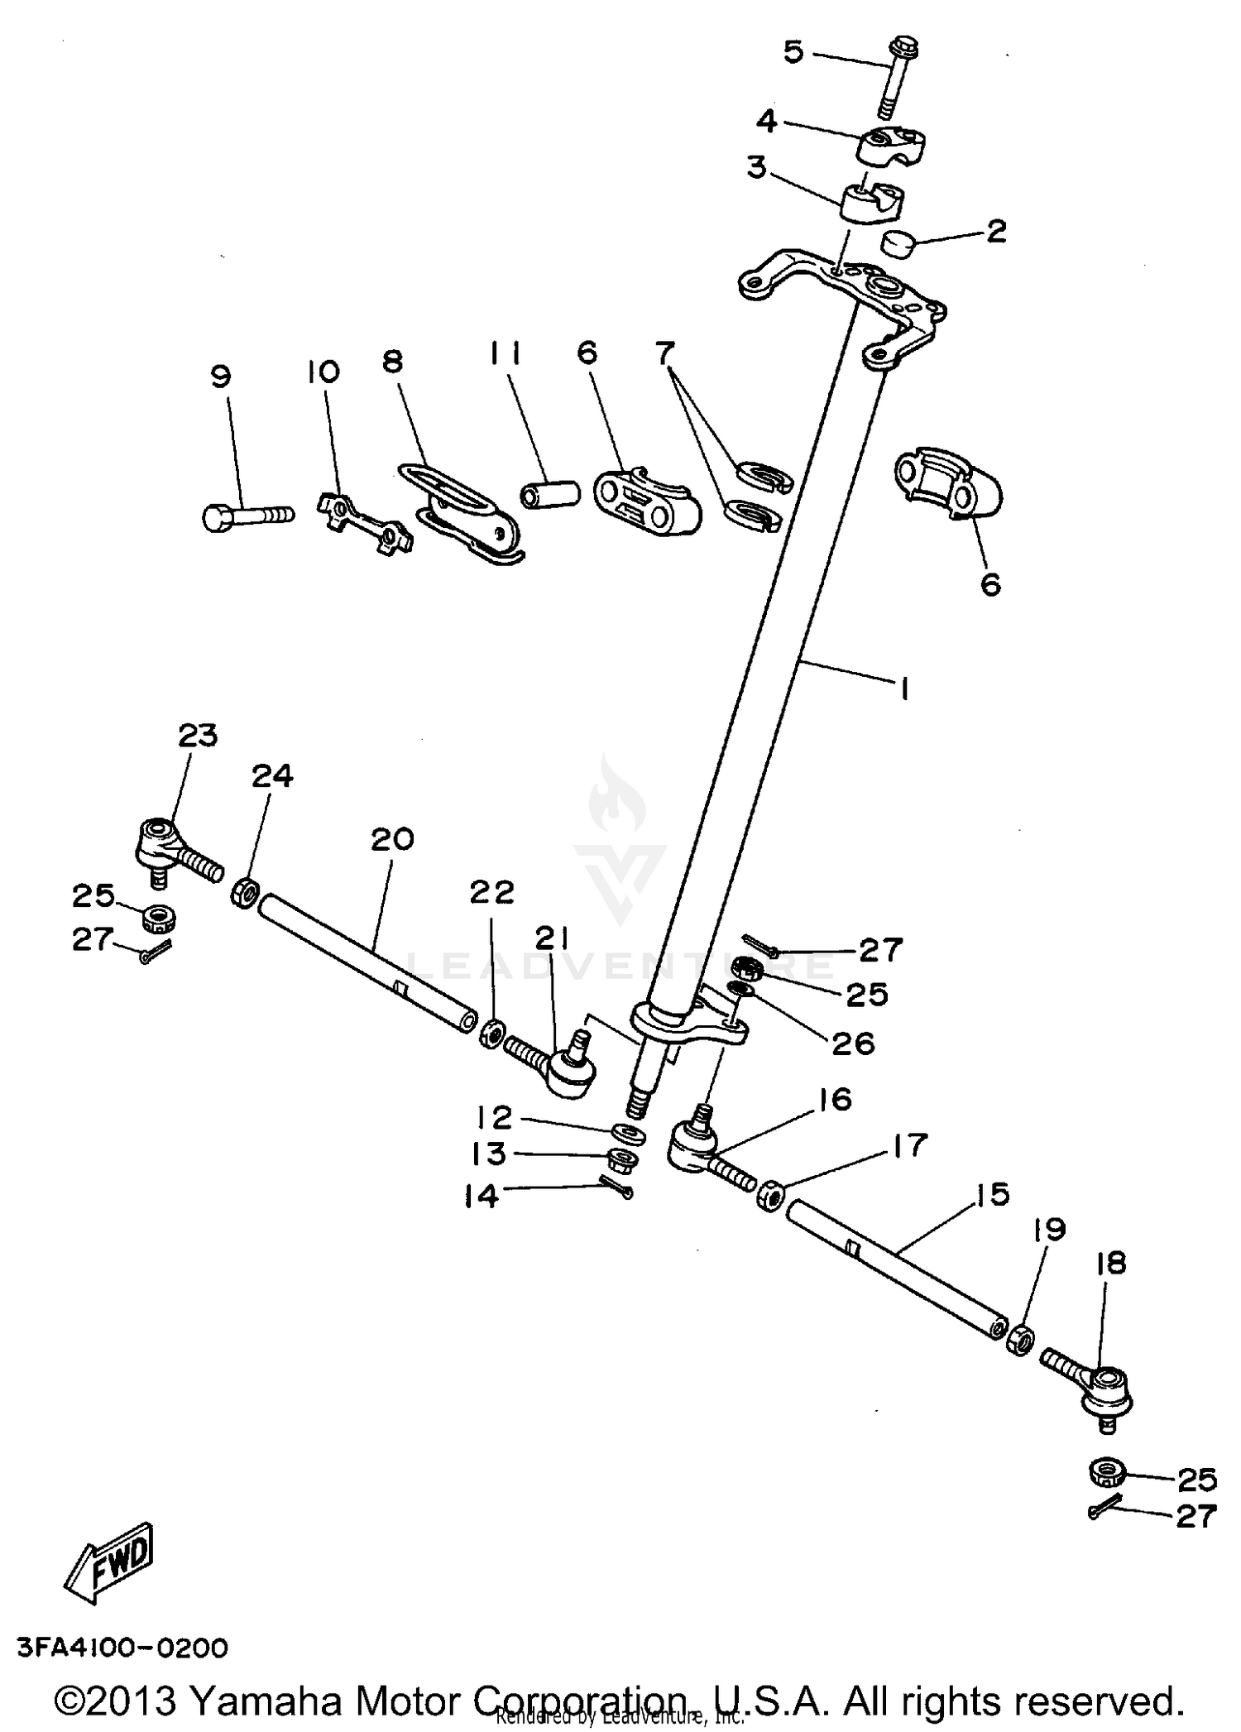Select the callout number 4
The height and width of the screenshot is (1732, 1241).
click(x=767, y=121)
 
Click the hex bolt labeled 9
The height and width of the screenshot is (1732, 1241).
click(x=247, y=516)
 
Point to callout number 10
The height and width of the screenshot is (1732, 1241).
click(x=323, y=372)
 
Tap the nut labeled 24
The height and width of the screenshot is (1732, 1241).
click(x=245, y=894)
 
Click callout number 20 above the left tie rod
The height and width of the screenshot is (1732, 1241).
click(x=391, y=840)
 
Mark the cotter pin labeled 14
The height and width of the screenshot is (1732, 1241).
click(x=616, y=1188)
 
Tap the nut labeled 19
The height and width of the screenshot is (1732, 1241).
click(x=1020, y=1338)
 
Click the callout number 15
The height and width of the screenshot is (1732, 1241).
click(x=993, y=1194)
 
